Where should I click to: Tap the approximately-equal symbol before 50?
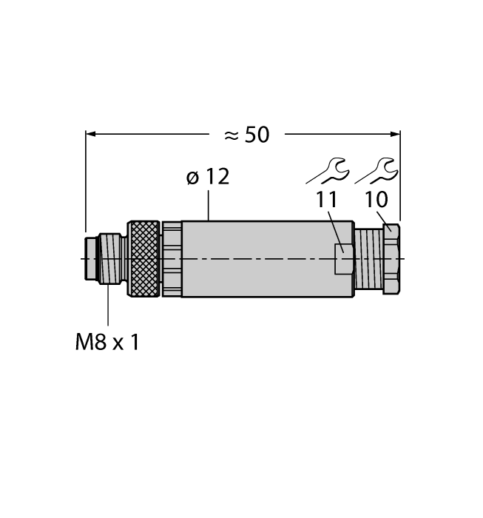pos(232,135)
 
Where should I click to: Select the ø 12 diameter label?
pos(208,178)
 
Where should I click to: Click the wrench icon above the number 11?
pos(328,172)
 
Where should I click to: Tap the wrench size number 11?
pos(327,200)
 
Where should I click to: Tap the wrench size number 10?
pos(376,200)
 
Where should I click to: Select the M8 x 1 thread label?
pos(107,343)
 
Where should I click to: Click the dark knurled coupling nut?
pos(144,259)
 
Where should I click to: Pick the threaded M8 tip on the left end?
pos(109,258)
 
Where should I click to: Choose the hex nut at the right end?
pos(391,259)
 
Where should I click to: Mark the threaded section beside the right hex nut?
pos(368,259)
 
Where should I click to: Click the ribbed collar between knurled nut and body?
pos(171,259)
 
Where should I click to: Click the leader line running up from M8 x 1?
pos(109,303)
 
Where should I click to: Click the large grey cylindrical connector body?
pos(259,259)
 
